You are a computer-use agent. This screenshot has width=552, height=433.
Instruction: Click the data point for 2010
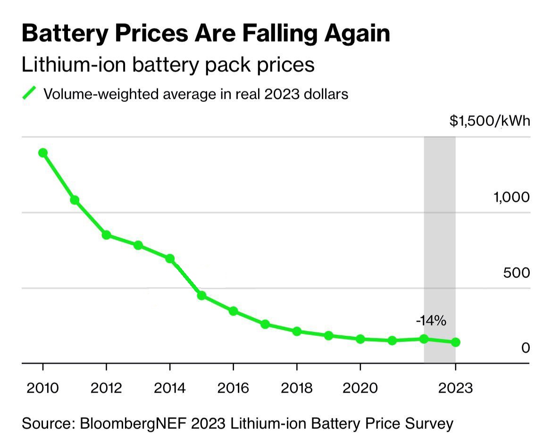43,153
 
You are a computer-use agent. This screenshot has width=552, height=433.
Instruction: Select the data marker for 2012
107,235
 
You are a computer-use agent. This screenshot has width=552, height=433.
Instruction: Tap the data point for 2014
170,258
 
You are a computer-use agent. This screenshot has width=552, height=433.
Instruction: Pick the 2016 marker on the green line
233,311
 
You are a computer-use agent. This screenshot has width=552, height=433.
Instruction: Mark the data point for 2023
455,342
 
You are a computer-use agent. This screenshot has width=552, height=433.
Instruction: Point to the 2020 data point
360,339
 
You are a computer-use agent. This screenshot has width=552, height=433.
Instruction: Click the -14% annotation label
431,321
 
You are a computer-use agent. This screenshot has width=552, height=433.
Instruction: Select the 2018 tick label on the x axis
296,388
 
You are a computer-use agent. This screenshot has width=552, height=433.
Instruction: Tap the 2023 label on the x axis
455,388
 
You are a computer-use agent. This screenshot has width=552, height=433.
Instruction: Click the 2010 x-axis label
43,388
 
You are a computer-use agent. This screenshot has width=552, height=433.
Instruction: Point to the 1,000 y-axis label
512,197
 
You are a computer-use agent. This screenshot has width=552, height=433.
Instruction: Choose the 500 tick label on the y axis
517,273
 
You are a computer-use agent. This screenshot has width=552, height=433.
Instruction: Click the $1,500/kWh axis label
490,121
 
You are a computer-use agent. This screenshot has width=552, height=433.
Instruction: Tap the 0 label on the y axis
526,348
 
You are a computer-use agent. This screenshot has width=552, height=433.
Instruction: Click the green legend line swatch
29,93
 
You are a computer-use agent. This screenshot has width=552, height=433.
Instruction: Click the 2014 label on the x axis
170,388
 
